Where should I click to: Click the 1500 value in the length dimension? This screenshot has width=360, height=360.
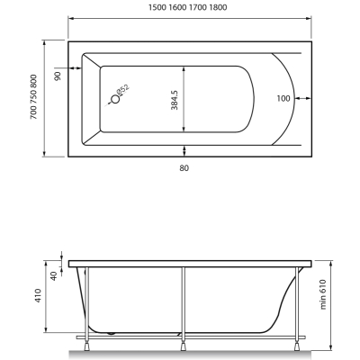[157, 7]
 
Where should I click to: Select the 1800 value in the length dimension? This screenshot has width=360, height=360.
[218, 7]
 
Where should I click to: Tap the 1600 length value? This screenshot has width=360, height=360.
[177, 7]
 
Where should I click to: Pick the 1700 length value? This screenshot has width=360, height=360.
[198, 7]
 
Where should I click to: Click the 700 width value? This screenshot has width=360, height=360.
[33, 112]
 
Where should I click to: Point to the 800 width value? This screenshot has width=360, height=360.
[33, 81]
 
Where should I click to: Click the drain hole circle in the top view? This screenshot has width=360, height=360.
[115, 99]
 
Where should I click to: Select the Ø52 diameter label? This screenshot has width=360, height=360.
[122, 90]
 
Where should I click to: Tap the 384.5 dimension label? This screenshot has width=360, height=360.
[175, 100]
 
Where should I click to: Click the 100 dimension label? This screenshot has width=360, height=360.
[283, 98]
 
